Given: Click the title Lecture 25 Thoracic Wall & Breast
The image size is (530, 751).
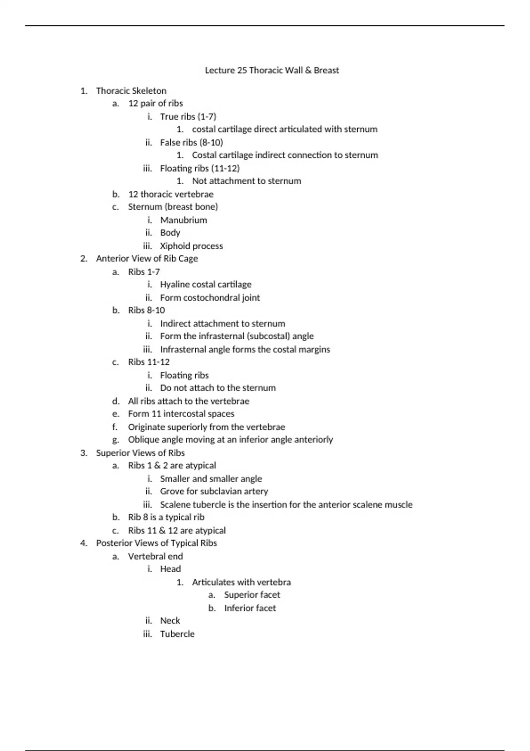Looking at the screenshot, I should pos(272,70).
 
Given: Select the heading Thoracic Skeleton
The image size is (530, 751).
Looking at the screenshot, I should pos(131,91).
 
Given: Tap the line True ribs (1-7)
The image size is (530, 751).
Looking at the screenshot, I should pos(188,117).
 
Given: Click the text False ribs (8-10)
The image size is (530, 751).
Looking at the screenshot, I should pos(191,142).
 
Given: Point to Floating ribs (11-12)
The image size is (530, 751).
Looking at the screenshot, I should pos(200,168).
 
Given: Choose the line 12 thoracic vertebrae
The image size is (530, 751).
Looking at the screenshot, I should pos(170,194).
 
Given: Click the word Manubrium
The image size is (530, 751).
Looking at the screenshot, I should pos(183,220).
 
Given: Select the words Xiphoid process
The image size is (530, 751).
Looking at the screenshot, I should pos(191,246).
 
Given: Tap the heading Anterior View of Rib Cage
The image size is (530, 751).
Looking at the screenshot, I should pos(147,258).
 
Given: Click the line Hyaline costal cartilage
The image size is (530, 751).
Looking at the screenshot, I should pos(205,284).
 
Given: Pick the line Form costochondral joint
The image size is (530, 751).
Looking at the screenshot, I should pos(210,298).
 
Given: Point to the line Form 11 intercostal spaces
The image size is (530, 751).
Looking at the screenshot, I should pos(181,414).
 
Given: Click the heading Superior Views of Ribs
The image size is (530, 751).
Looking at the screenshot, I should pos(140,453).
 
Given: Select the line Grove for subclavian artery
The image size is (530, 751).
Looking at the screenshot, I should pos(214,491).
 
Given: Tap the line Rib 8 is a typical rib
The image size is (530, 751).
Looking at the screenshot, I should pos(166,517).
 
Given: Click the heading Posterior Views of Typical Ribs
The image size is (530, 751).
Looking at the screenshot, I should pos(156,543).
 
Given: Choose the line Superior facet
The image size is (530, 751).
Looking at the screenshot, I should pos(252,595).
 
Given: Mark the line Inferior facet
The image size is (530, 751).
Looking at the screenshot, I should pos(250,608).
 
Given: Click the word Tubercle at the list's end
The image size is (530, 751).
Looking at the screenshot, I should pos(177,634).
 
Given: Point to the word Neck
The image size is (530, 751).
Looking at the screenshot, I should pos(170,621).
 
